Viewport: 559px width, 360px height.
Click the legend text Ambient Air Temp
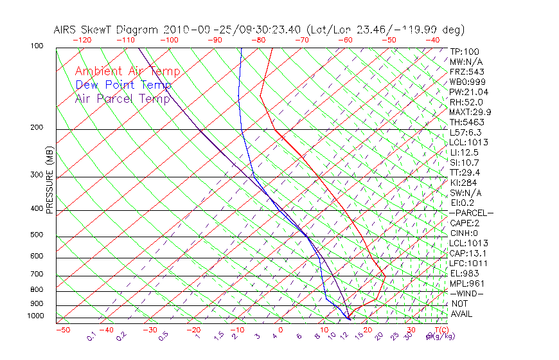[127, 71]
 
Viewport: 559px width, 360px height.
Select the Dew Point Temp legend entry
[123, 85]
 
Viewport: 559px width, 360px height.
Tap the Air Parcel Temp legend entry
[122, 98]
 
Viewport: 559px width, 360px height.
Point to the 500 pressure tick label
[37, 235]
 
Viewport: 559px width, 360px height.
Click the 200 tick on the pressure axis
[37, 128]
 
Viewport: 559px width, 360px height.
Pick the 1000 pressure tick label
[35, 316]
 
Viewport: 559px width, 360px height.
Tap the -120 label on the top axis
[82, 40]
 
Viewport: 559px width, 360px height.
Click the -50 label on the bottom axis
[62, 330]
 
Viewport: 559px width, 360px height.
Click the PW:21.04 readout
[469, 92]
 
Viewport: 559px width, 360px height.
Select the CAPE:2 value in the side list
[466, 223]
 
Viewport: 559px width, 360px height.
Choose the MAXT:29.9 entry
[470, 112]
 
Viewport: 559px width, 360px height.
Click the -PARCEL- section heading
[471, 213]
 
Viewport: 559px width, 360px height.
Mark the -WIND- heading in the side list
[466, 293]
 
